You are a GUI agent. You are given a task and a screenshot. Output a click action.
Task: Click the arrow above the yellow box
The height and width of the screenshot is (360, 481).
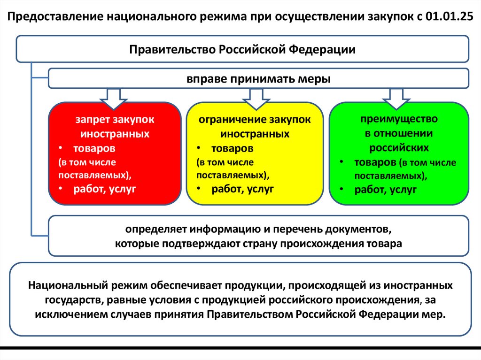point(254,98)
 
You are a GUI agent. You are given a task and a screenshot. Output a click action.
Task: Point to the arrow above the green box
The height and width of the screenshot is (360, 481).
point(396,98)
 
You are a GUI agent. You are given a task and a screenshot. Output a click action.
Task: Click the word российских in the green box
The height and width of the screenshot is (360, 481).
point(399,147)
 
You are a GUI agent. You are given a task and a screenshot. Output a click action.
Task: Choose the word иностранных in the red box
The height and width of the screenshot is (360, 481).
point(115,134)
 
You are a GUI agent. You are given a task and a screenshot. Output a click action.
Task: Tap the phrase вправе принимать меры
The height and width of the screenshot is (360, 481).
point(259,79)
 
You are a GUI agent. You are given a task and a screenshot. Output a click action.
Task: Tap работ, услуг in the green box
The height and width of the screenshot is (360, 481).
point(386,190)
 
